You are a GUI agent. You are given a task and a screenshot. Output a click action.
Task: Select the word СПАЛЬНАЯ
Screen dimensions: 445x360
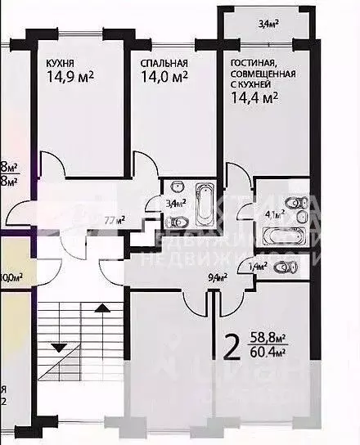coord(164,63)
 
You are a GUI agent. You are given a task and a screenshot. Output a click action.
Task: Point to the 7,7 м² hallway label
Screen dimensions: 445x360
coord(114,219)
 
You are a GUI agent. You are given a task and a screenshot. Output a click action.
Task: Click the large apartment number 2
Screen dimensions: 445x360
coord(232,350)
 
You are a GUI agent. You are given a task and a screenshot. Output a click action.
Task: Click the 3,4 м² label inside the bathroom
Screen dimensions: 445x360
coord(174,202)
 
